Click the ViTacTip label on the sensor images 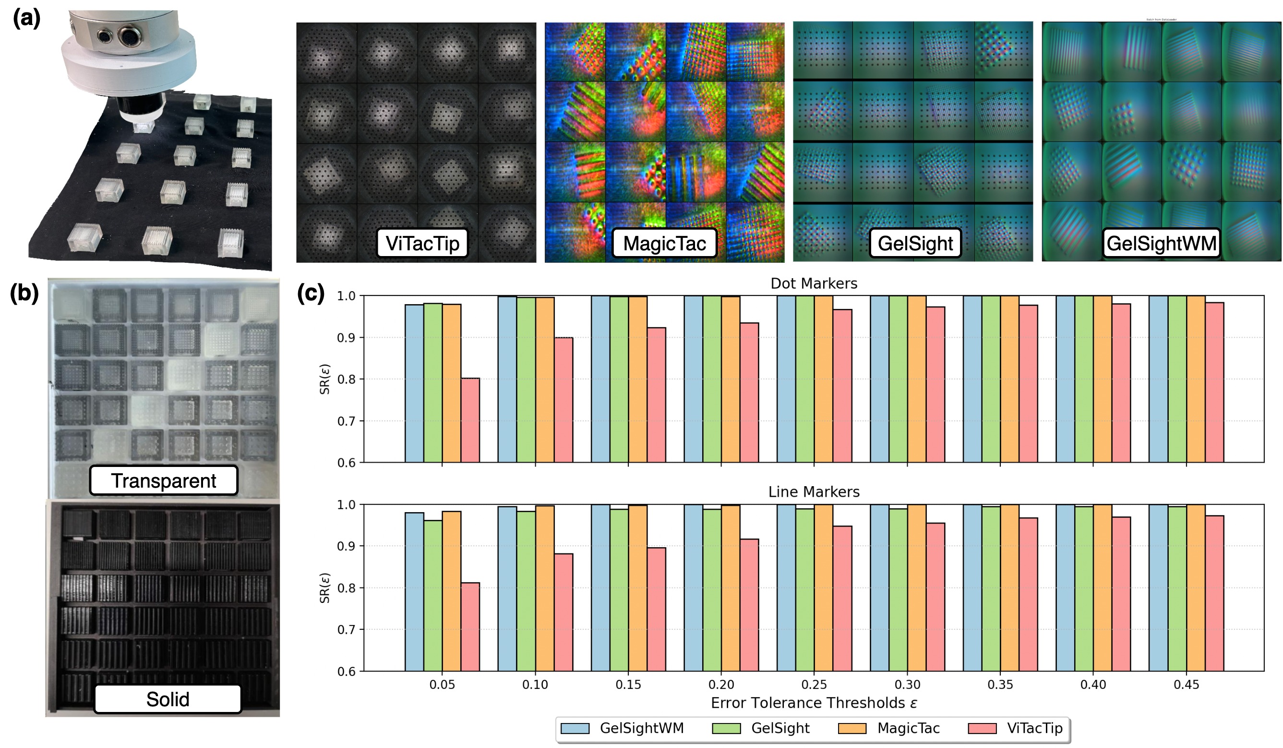coord(422,244)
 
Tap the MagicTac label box coord(664,244)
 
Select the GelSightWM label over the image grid coord(1161,243)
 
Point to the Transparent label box coord(163,480)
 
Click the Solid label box coord(168,699)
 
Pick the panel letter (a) coord(26,18)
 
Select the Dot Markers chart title coord(814,283)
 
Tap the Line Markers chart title coord(814,492)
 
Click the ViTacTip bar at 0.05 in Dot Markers coord(470,420)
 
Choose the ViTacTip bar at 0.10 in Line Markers coord(563,612)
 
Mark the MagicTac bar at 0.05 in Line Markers coord(451,591)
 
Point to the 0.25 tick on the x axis coord(814,684)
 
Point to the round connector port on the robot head coord(127,37)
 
